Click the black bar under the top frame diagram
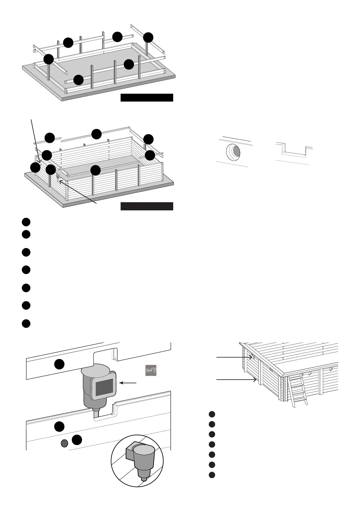point(147,98)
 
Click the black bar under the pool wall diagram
point(147,206)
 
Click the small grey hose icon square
point(151,370)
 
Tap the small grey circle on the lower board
point(64,443)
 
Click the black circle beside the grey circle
point(77,440)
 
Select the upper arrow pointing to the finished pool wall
point(235,357)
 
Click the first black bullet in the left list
point(26,222)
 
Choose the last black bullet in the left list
point(26,323)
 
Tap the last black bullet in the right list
point(212,475)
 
